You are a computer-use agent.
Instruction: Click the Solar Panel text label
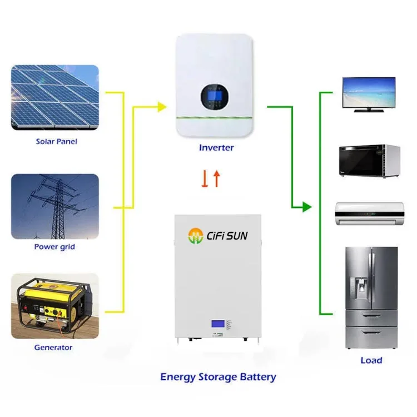(x=56, y=142)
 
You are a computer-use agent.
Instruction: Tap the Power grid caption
(x=54, y=246)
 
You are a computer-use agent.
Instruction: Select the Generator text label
(x=53, y=348)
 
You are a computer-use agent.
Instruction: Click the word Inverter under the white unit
(x=216, y=148)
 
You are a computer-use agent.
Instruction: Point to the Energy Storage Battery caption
(x=218, y=377)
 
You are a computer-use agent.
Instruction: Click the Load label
(x=371, y=360)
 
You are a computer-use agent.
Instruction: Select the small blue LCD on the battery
(x=217, y=325)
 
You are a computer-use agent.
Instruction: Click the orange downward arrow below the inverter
(x=205, y=178)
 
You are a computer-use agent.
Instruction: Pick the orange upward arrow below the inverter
(x=216, y=178)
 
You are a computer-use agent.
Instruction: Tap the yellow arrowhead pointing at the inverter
(x=162, y=106)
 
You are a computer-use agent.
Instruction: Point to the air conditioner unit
(x=368, y=214)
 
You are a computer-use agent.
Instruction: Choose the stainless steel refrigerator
(x=371, y=297)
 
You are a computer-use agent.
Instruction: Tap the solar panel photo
(x=55, y=98)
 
